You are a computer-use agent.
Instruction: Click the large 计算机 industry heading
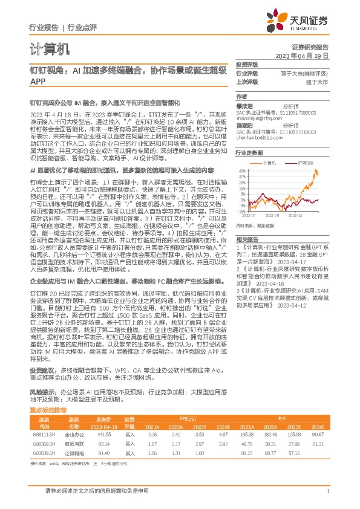tap(50, 48)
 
